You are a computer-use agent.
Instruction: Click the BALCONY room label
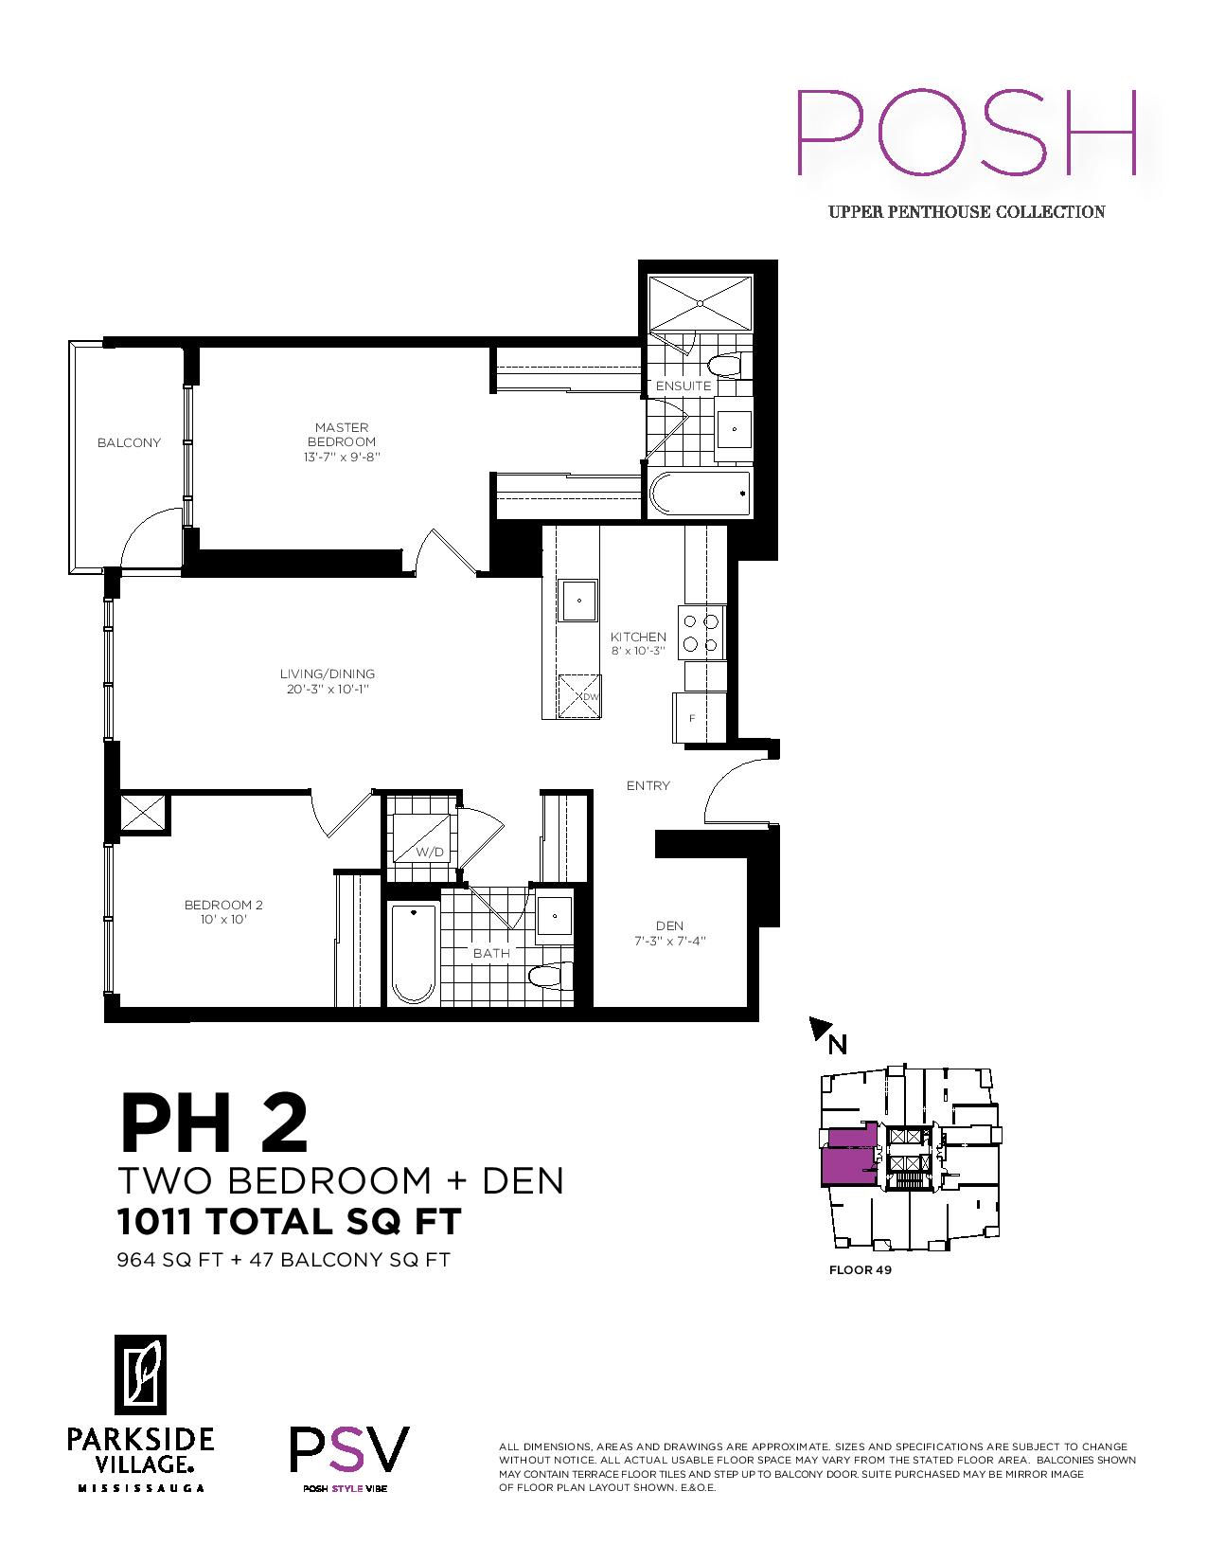click(129, 442)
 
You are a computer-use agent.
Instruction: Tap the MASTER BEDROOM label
click(342, 435)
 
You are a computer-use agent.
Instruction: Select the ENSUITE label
click(683, 386)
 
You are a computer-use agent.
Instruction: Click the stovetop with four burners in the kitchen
click(701, 632)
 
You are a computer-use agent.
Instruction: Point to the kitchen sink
click(578, 600)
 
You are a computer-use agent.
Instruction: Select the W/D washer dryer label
click(430, 853)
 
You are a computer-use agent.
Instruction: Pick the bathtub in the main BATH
click(414, 954)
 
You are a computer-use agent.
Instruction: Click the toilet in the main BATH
click(551, 977)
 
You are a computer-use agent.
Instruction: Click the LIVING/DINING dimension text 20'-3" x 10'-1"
click(328, 689)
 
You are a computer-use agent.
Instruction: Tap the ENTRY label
click(648, 785)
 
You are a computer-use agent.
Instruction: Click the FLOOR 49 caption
click(860, 1269)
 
